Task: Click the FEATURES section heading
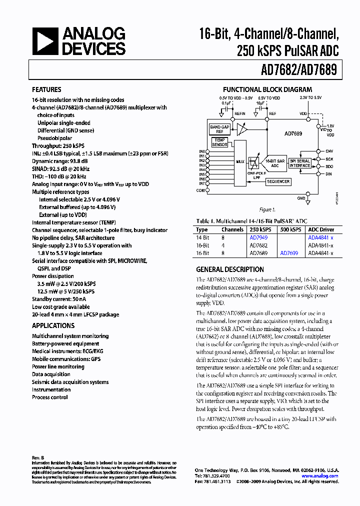coord(47,90)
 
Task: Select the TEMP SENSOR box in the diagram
coord(219,142)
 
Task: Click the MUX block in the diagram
coord(240,161)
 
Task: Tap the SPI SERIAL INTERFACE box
coord(300,162)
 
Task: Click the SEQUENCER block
coord(278,181)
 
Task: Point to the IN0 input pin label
coord(202,151)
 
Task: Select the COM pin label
coord(200,190)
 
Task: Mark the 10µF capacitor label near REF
coord(260,102)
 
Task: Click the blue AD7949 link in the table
coord(258,238)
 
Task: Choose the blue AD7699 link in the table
coord(289,253)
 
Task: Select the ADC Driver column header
coord(320,230)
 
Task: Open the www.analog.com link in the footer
coord(320,476)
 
